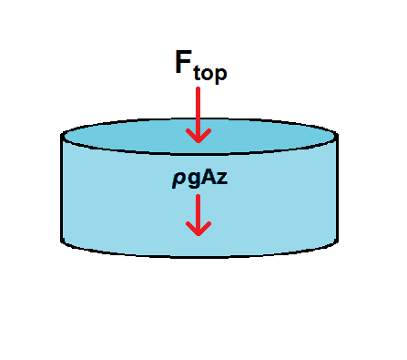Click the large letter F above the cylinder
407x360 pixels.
185,62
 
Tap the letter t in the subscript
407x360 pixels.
198,72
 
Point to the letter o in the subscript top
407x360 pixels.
209,73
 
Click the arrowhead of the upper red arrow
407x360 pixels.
198,136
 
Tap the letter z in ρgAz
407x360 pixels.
220,180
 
